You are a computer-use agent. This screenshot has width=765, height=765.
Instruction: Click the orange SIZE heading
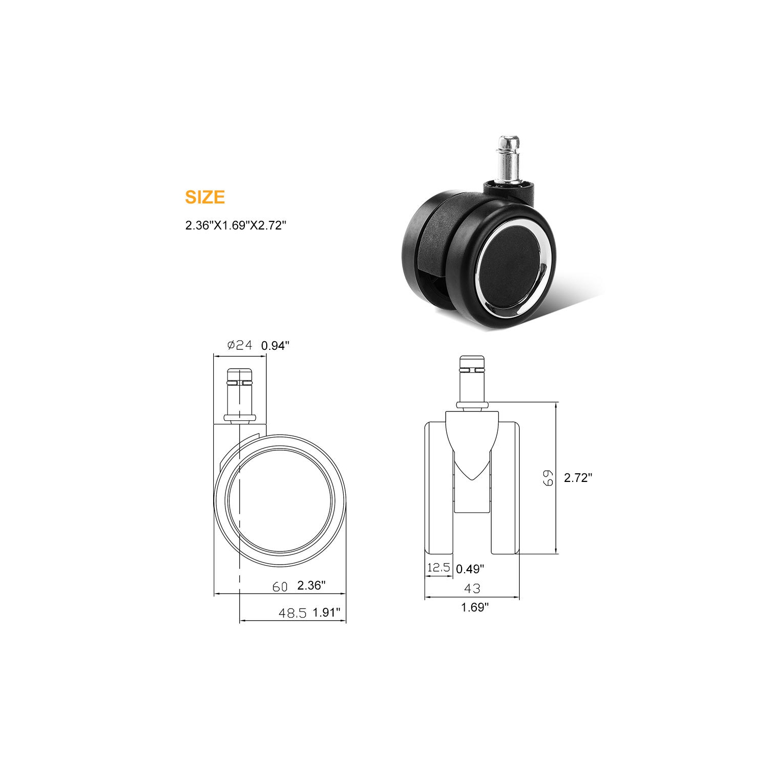coord(205,197)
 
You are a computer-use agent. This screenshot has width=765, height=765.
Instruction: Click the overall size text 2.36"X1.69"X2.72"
coord(234,225)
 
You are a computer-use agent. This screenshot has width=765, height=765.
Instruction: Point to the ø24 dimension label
coord(240,345)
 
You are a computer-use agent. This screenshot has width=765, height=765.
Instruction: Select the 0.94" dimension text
coord(275,346)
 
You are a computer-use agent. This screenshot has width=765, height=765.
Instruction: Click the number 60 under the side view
coord(280,586)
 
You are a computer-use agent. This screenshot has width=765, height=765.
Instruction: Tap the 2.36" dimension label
coord(311,585)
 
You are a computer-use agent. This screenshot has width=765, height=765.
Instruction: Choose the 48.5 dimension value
coord(292,613)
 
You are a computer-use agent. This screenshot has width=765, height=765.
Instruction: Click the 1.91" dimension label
coord(326,613)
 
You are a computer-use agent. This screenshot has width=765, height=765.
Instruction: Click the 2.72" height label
coord(578,478)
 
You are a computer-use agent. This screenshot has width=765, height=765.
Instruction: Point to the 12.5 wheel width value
coord(439,568)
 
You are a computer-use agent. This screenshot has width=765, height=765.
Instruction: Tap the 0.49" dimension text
coord(470,568)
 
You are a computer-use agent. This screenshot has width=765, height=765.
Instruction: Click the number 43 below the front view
coord(472,588)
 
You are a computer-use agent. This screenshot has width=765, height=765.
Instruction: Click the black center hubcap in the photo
coord(512,272)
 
